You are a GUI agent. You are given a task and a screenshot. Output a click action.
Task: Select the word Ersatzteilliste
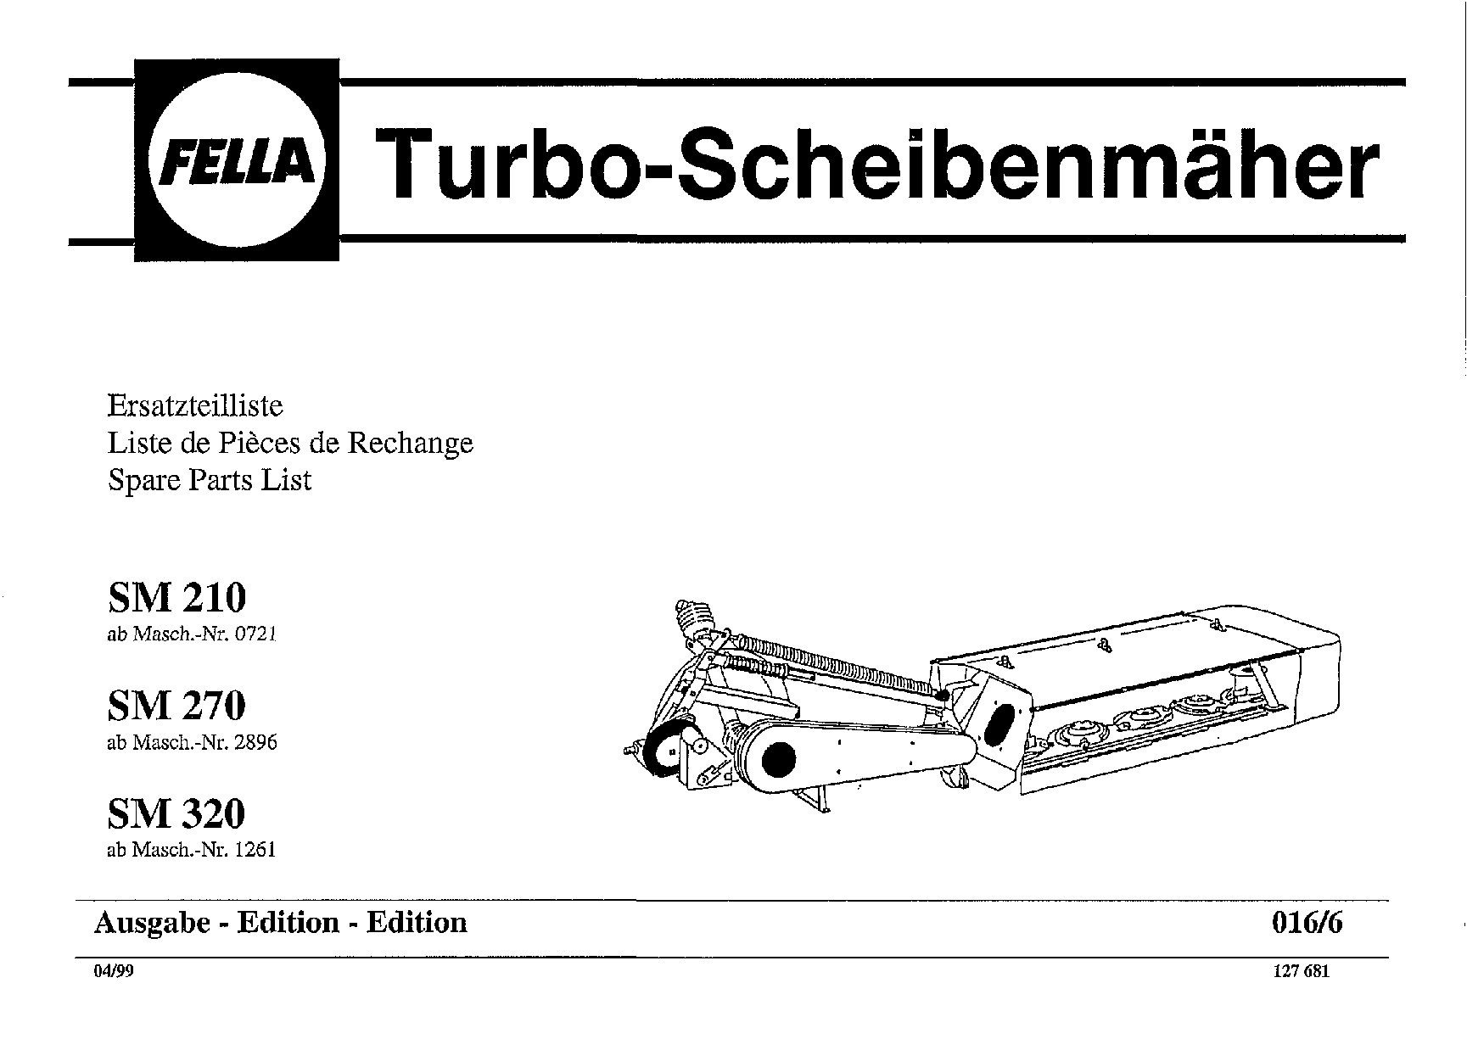pos(195,405)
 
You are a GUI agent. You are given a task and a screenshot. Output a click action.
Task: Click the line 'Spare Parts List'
pos(210,480)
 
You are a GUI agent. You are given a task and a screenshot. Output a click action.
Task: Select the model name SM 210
pos(176,597)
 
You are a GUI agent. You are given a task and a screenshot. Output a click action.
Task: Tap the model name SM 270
pos(176,705)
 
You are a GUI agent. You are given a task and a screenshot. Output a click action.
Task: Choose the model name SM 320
pos(176,813)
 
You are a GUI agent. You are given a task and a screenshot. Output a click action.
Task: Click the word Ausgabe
pos(152,923)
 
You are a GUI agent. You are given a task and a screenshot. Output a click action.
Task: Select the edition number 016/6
pos(1307,923)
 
